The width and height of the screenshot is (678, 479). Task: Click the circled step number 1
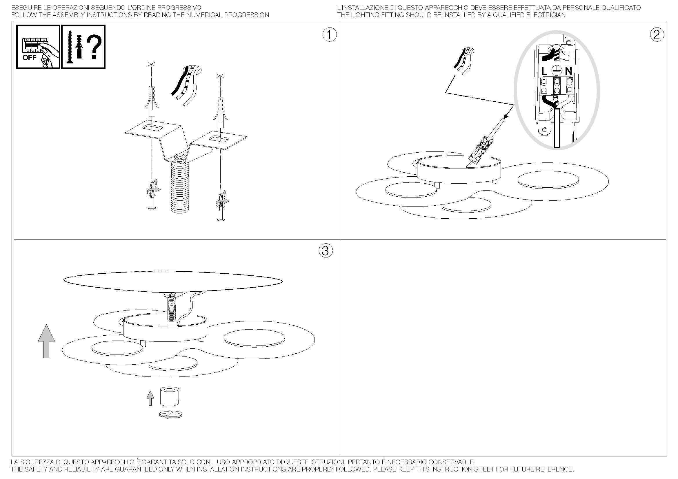pos(329,35)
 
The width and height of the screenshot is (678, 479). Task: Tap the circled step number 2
pos(657,35)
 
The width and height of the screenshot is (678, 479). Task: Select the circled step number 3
pos(326,251)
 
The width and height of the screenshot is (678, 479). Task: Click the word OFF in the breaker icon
pos(29,58)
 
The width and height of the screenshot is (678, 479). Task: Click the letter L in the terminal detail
pos(544,71)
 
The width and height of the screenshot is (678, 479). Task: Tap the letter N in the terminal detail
pos(568,71)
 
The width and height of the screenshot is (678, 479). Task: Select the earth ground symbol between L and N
pos(556,71)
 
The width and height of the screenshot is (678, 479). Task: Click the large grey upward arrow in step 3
pos(46,341)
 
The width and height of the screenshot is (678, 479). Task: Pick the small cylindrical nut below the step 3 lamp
pos(170,396)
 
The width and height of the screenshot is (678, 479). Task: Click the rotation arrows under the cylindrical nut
pos(171,414)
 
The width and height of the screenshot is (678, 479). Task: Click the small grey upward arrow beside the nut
pos(150,398)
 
